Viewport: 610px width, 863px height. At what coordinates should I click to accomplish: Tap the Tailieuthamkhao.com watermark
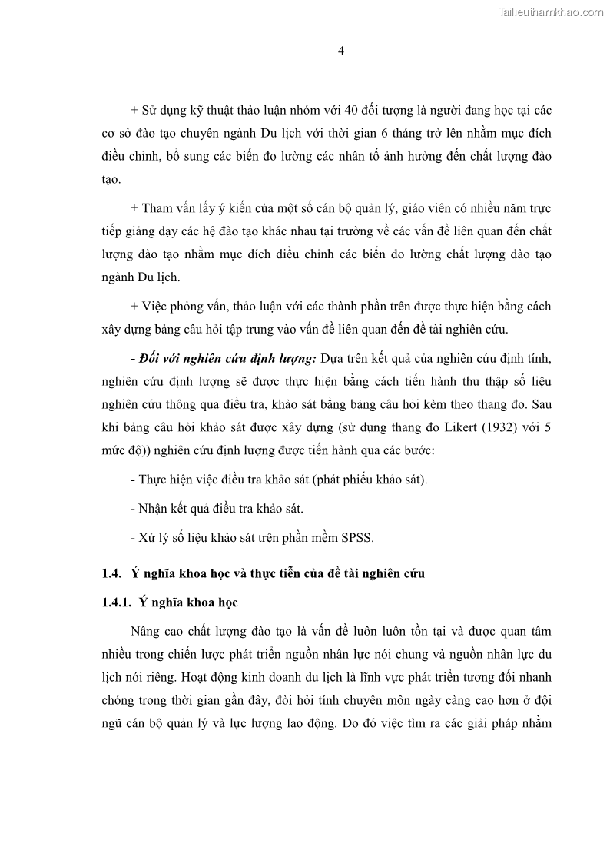(x=551, y=12)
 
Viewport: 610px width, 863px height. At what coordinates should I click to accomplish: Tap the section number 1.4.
(x=112, y=573)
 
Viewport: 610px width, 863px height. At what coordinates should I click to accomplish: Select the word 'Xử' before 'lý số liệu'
(x=148, y=538)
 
